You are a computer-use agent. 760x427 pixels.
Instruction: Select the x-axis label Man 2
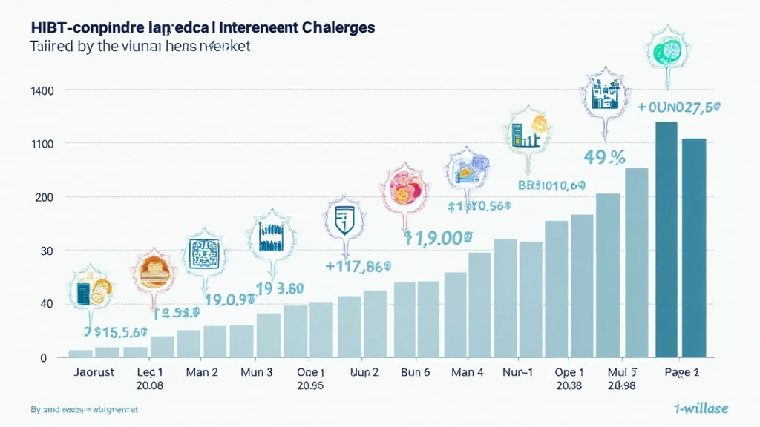(x=201, y=372)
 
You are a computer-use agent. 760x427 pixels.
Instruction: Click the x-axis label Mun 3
(x=256, y=372)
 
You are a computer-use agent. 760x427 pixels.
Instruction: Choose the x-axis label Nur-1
(x=519, y=372)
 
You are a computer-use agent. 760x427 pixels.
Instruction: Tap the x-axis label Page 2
(x=681, y=372)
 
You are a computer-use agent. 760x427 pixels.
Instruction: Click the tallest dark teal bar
(x=666, y=239)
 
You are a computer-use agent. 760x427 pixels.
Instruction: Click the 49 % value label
(x=602, y=157)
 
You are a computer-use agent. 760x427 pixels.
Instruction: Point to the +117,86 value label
(x=358, y=265)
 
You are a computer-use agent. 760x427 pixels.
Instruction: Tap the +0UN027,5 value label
(x=679, y=108)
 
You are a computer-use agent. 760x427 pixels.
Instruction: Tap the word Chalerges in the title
(x=338, y=27)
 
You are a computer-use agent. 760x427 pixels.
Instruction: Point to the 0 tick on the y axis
(x=43, y=358)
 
